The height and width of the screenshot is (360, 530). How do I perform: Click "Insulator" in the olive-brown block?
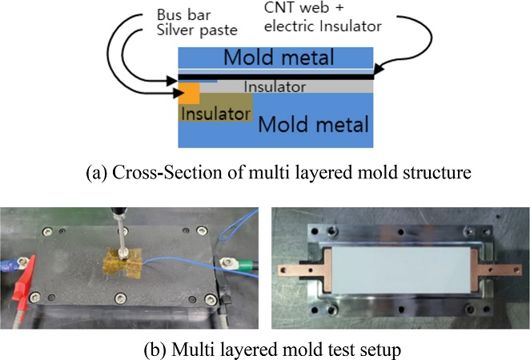214,114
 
